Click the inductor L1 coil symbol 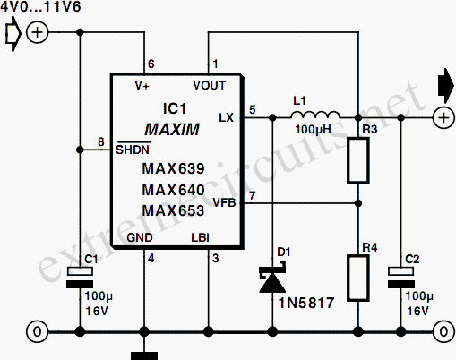point(315,116)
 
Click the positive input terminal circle point(38,32)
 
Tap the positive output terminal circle point(443,117)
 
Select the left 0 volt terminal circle point(38,331)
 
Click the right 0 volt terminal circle point(443,331)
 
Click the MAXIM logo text point(172,130)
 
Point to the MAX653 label point(173,210)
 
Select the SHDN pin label point(133,149)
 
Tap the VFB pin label point(224,203)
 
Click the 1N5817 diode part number point(306,304)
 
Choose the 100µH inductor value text point(314,130)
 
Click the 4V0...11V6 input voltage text point(40,6)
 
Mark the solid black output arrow point(446,86)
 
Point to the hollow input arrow point(13,34)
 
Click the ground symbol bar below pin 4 point(144,356)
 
